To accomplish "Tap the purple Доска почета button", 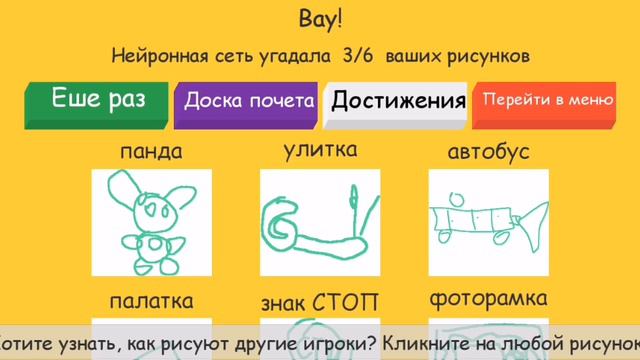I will [249, 102].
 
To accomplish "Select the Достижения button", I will [398, 101].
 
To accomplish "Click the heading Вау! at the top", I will [320, 19].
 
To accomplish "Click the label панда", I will [151, 153].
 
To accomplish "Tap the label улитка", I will [320, 151].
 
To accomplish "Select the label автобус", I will [488, 153].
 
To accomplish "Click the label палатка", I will [151, 301].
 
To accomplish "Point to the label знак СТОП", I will [320, 302].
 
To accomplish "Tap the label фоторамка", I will [488, 300].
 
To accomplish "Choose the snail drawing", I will [320, 223].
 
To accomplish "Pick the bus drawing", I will [488, 223].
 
